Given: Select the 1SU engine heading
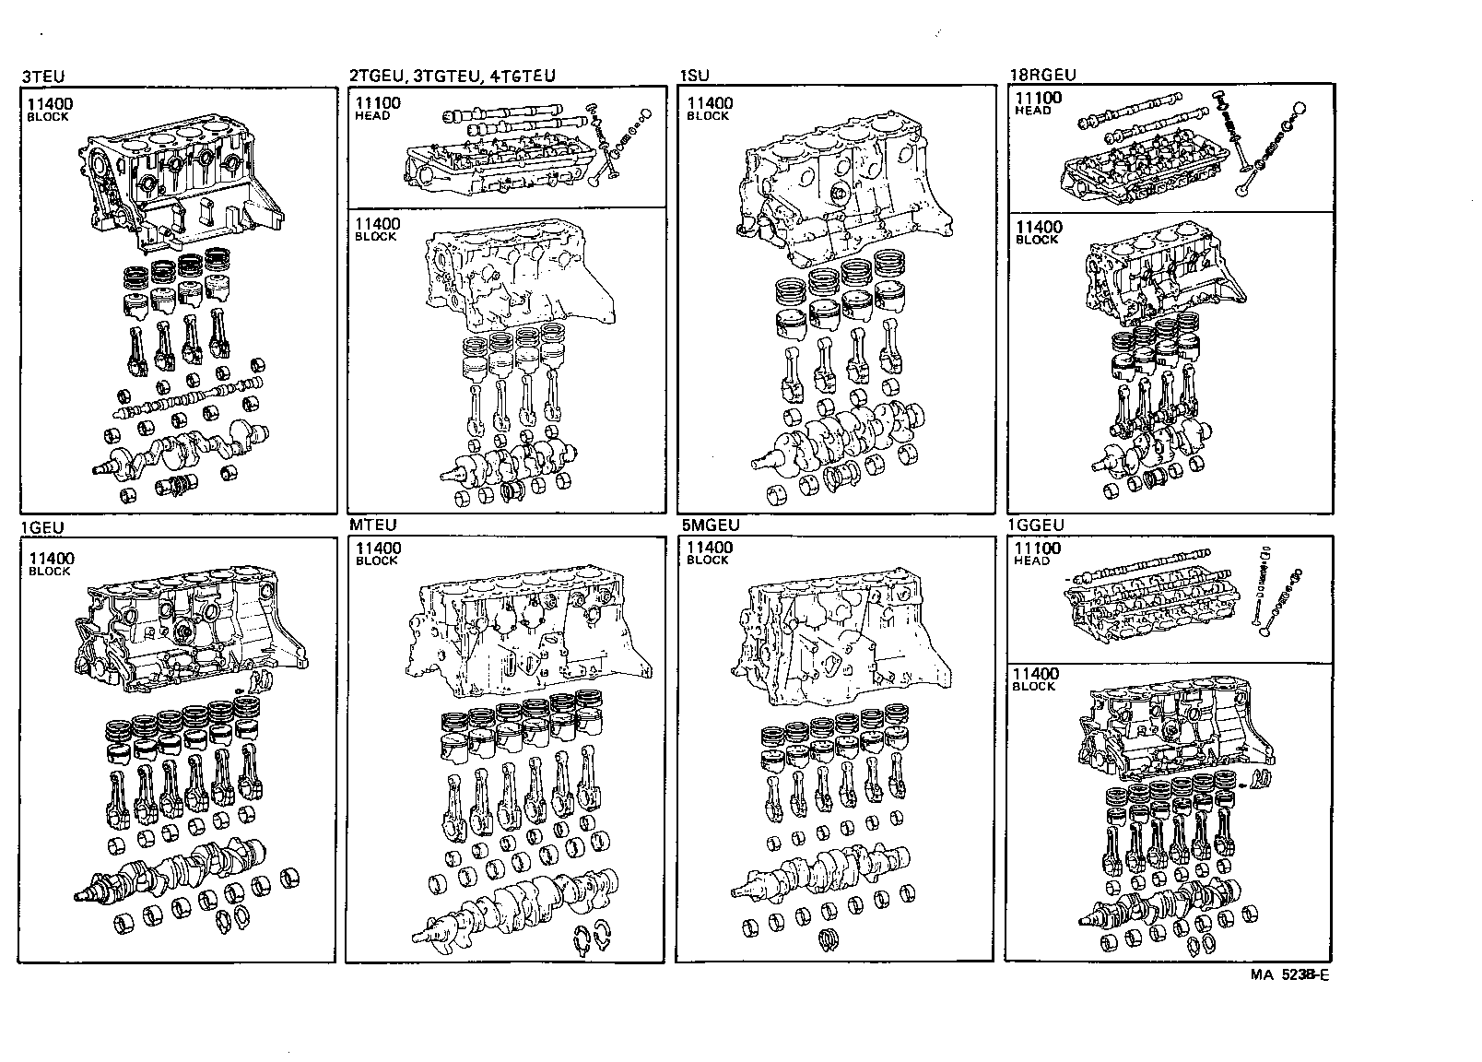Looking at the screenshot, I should [693, 77].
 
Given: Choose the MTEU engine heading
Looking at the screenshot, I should [372, 525].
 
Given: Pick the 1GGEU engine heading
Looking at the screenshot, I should [1036, 525].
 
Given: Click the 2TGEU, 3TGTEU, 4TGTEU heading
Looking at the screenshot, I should [452, 77].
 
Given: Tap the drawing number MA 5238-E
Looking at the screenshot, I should [1289, 974].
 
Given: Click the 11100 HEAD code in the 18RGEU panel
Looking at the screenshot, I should [1037, 102].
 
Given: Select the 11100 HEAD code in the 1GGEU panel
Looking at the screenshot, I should [1036, 553].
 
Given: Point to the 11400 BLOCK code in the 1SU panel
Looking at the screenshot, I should [709, 109].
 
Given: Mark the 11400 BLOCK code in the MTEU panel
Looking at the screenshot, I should [379, 553].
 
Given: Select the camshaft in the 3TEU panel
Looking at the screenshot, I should [184, 399].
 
